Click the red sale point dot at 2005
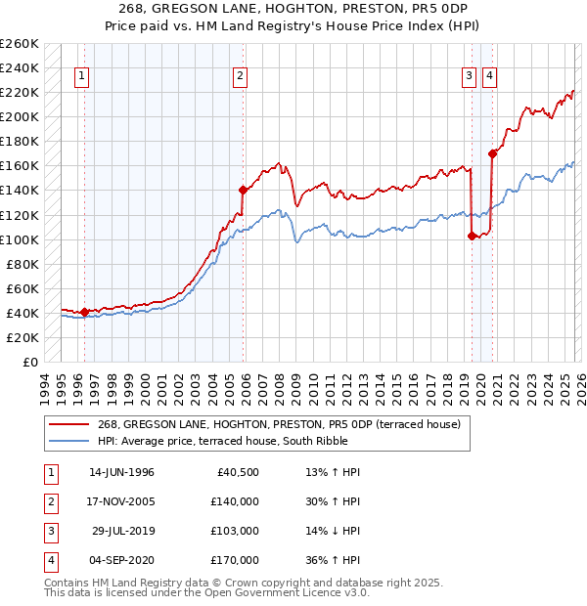243,190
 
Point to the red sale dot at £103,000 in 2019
472,236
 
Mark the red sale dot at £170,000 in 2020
491,153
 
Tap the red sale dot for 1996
84,312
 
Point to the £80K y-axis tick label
22,264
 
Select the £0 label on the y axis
28,362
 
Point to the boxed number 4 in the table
49,563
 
